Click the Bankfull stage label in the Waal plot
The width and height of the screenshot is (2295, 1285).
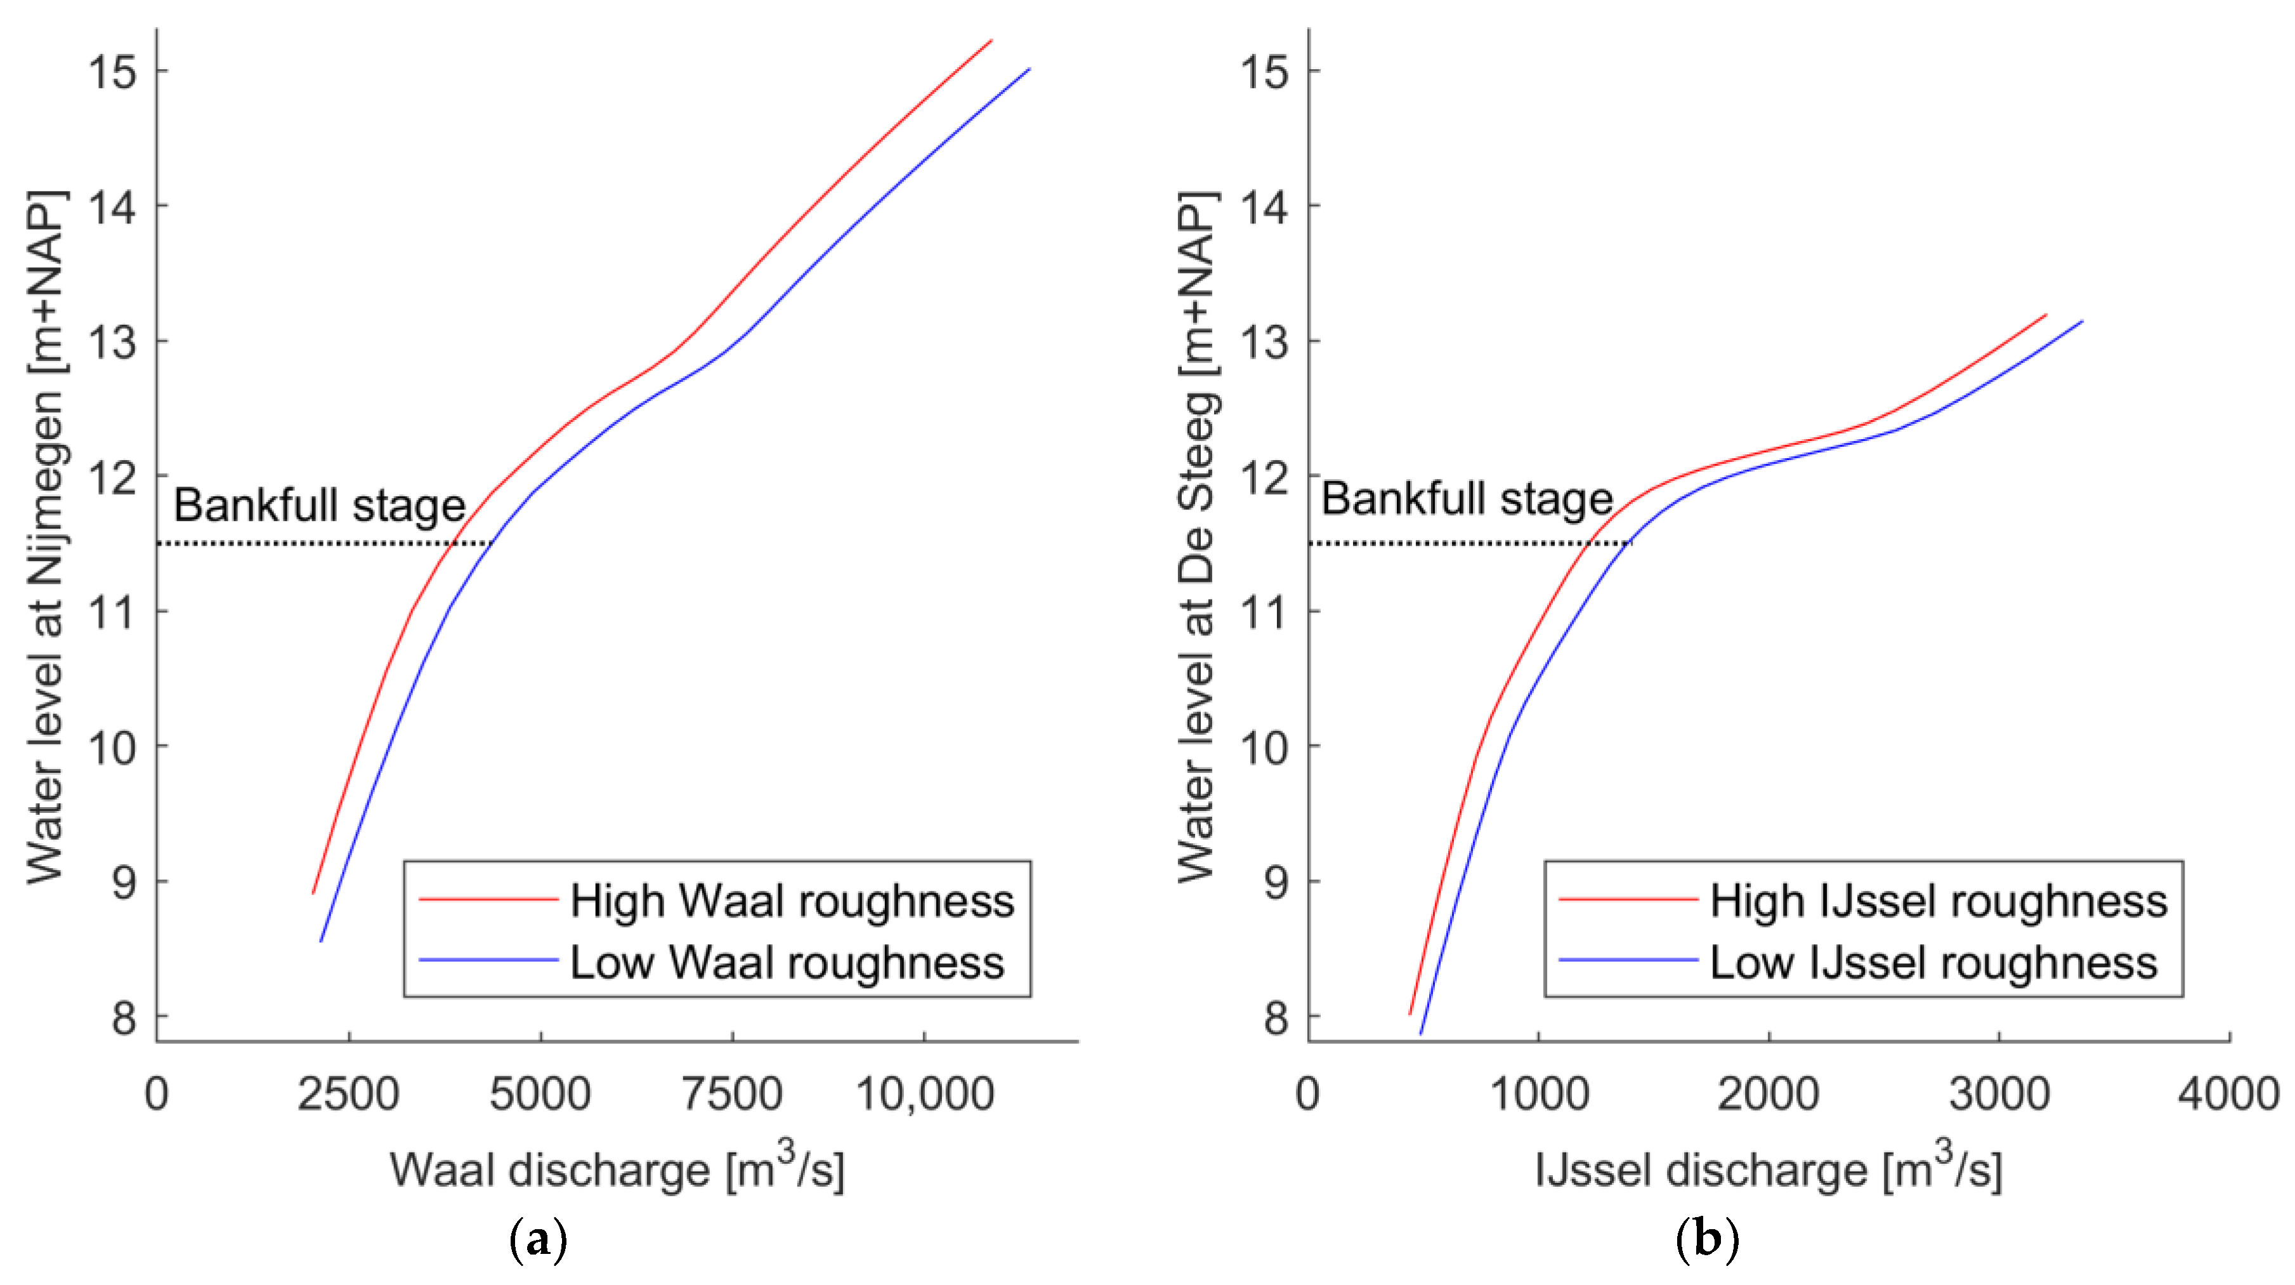coord(319,506)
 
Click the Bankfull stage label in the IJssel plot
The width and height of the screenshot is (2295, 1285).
coord(1467,499)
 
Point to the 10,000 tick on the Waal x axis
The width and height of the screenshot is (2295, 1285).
coord(925,1093)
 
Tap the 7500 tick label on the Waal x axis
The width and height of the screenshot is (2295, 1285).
coord(733,1093)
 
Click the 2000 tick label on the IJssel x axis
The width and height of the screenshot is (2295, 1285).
coord(1769,1093)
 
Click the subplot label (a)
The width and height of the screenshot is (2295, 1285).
coord(537,1239)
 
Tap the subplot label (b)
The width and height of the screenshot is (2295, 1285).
coord(1707,1239)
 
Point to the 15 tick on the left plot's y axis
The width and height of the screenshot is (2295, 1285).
coord(112,71)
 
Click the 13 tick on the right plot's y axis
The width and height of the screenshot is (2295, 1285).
coord(1264,341)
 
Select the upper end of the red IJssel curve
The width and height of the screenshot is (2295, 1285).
coord(2046,315)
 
